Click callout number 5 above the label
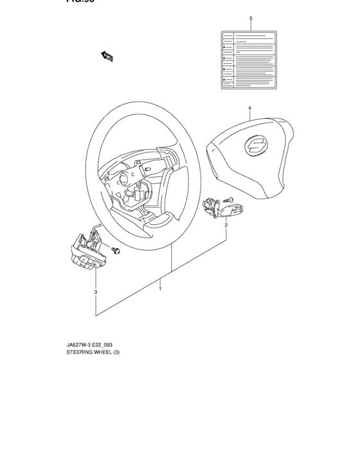click(250, 19)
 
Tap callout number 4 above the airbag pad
click(249, 107)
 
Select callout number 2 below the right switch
click(226, 226)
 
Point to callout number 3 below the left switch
click(96, 292)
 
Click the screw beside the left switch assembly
click(116, 250)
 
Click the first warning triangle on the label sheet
click(224, 48)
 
